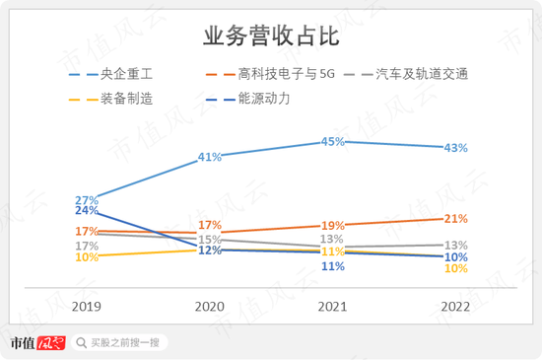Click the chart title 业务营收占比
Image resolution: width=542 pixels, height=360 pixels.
[271, 37]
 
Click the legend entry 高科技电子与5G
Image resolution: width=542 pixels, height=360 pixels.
[280, 74]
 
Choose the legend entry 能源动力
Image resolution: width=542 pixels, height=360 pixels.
[265, 99]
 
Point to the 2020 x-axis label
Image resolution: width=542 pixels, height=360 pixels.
[209, 308]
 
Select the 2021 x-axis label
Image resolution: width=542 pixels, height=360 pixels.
[332, 308]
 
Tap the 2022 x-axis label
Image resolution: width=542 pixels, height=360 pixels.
[454, 308]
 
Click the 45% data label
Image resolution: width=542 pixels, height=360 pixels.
[332, 143]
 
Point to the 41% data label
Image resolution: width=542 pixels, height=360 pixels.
[209, 157]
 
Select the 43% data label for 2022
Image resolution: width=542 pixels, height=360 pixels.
[455, 149]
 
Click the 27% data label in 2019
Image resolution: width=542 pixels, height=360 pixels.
[87, 200]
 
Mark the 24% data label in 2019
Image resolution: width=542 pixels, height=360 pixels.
[87, 211]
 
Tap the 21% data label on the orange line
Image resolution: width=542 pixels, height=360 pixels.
[455, 219]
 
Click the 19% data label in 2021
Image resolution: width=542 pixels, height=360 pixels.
[332, 226]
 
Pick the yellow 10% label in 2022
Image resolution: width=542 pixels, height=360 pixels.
[455, 268]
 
